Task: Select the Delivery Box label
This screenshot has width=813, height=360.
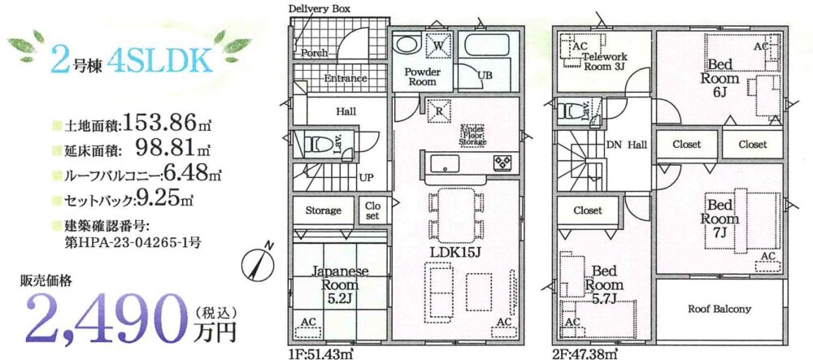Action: pyautogui.click(x=319, y=9)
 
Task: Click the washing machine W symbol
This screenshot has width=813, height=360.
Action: pyautogui.click(x=437, y=46)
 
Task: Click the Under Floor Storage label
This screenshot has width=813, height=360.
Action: pyautogui.click(x=472, y=135)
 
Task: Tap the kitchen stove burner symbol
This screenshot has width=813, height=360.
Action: pyautogui.click(x=502, y=163)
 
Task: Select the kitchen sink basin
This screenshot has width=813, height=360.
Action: pyautogui.click(x=445, y=163)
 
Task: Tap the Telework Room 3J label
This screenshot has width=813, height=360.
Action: pyautogui.click(x=605, y=61)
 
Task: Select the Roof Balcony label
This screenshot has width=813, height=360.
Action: pyautogui.click(x=720, y=310)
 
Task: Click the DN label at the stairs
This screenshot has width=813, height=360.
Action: pyautogui.click(x=613, y=145)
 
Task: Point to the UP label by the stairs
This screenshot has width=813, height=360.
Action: pyautogui.click(x=366, y=178)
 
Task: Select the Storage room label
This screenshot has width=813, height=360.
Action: pyautogui.click(x=323, y=210)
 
